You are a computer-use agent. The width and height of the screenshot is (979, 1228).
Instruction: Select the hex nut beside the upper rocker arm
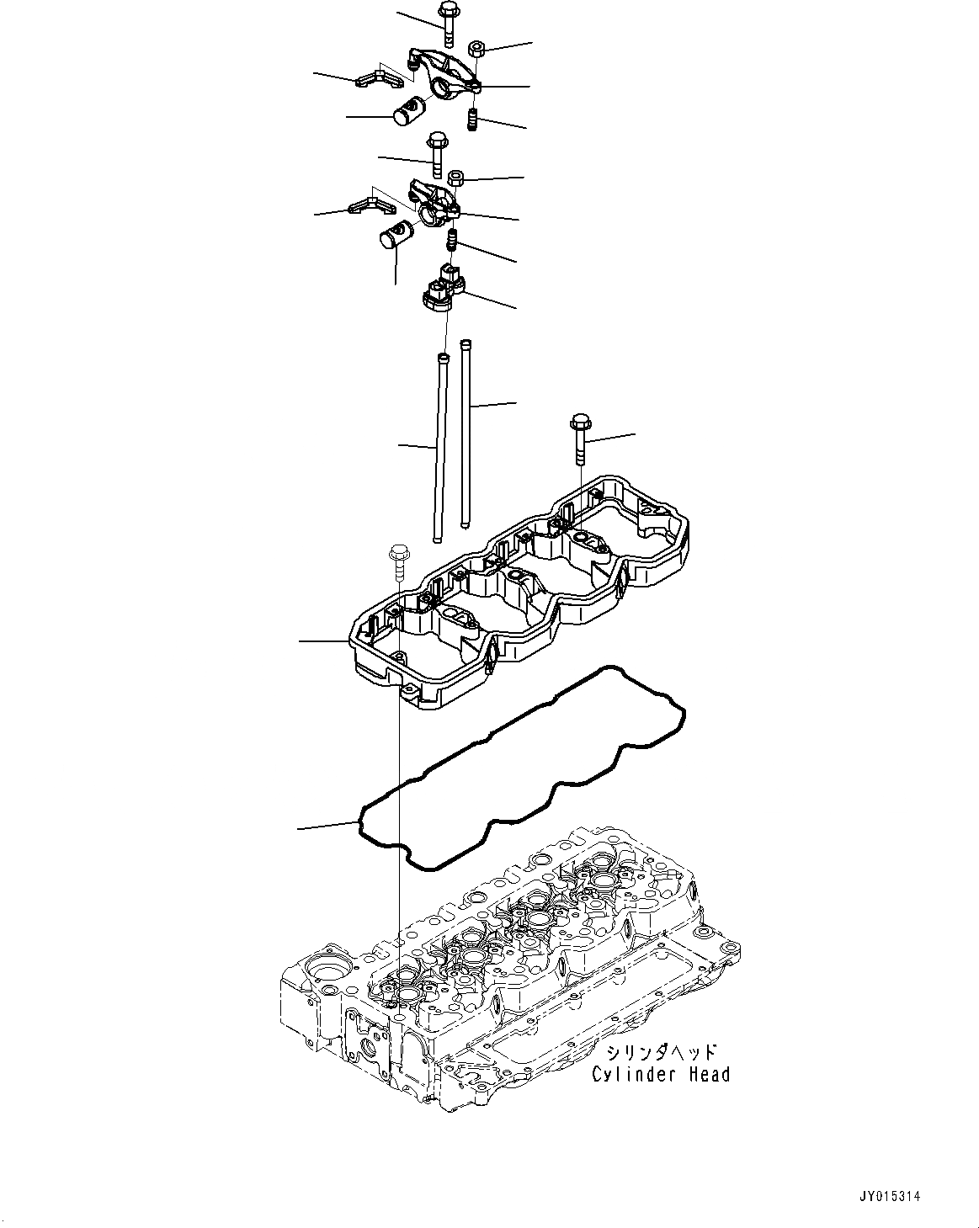(473, 47)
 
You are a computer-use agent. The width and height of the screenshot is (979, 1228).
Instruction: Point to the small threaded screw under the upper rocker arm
(473, 119)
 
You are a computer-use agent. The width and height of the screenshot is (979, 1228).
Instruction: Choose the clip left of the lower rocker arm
(366, 204)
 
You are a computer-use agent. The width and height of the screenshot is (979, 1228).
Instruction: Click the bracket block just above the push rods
(442, 287)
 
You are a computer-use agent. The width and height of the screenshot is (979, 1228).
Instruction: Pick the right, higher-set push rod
(466, 433)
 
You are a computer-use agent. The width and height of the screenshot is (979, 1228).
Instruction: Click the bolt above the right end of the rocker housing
(580, 438)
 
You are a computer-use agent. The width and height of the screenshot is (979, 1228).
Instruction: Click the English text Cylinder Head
(661, 1074)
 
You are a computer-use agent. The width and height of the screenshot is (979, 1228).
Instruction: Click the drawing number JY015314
(890, 1195)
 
